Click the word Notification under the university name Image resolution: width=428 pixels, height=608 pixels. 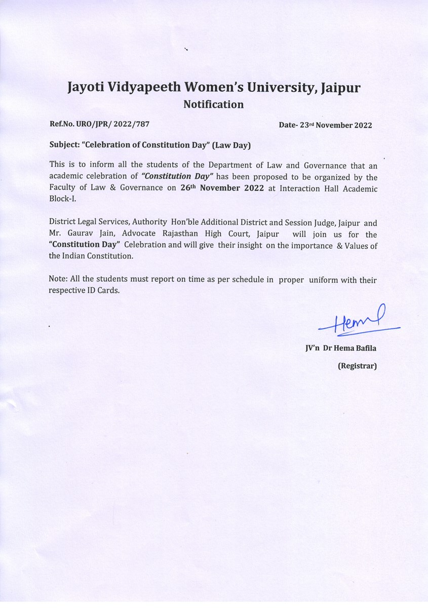(x=213, y=105)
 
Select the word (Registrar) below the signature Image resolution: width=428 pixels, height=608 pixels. (x=357, y=365)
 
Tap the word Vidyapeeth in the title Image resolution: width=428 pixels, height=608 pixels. (x=143, y=88)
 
